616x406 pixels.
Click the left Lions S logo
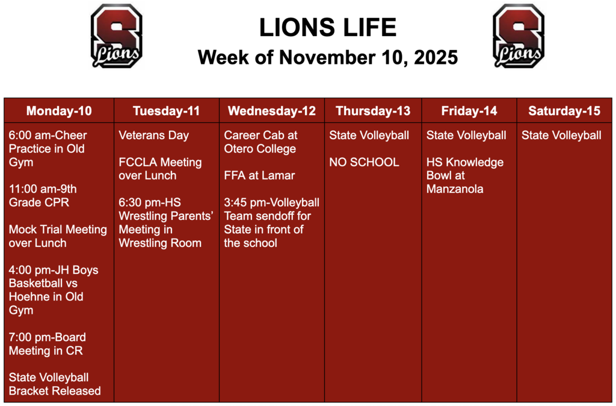pos(117,36)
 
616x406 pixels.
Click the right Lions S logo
pos(519,36)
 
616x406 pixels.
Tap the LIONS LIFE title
pos(328,28)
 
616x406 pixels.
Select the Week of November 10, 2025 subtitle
pos(328,58)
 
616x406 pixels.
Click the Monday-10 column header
pos(59,111)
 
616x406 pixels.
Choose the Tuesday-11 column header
pos(167,111)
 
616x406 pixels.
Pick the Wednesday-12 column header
pos(272,111)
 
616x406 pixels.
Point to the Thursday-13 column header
pos(373,111)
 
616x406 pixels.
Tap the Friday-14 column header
pos(469,111)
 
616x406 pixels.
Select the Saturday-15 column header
pos(564,111)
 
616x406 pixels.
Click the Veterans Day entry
pos(153,136)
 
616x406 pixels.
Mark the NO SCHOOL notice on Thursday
pos(364,162)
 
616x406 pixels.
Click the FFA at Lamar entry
pos(259,175)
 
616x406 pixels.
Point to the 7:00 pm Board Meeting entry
pos(47,344)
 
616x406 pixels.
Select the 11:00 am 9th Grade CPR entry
pos(42,196)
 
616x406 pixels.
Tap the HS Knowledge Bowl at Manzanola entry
pos(464,175)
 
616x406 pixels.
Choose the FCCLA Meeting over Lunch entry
pos(159,169)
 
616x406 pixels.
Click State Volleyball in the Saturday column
pos(561,136)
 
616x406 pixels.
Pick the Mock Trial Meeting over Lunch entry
pos(57,236)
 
